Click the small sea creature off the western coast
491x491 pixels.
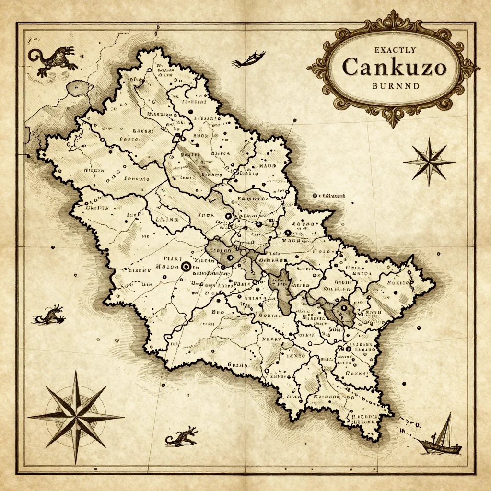(50, 315)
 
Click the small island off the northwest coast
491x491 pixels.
(80, 88)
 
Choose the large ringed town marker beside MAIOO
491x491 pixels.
(185, 267)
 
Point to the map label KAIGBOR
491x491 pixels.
(326, 397)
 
